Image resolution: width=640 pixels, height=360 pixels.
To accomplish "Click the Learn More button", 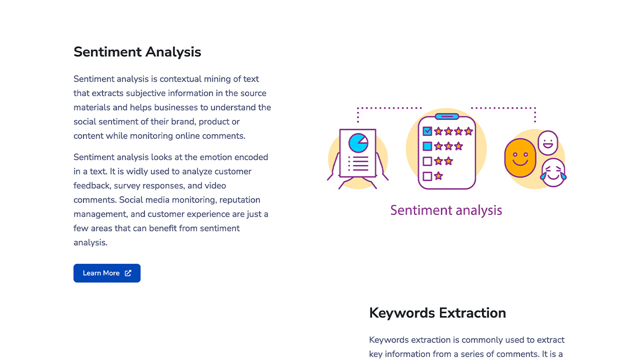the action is point(107,273).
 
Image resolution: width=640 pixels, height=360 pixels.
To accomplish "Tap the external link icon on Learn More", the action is point(128,273).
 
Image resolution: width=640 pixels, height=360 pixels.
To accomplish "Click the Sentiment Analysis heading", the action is point(137,52).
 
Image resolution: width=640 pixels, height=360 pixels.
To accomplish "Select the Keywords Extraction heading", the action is point(437,313).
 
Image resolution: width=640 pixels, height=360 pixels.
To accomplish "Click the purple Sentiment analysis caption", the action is point(446,210).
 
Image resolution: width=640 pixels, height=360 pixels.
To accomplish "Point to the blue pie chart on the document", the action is point(358,143).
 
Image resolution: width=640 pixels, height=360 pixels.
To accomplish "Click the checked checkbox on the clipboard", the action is point(427,131).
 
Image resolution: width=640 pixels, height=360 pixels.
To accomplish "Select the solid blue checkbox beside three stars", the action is point(427,146).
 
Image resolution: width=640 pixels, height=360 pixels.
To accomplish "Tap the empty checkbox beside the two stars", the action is point(427,161).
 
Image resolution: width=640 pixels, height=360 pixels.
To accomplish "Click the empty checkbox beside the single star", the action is point(427,176).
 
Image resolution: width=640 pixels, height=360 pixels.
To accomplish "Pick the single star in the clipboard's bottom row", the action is point(438,175).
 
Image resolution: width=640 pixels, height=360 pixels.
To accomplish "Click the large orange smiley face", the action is point(520,158).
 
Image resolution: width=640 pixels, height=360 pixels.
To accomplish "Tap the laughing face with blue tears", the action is point(553,172).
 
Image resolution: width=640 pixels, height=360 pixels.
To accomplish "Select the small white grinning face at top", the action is point(547,143).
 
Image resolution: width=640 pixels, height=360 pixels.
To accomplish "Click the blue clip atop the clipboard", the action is point(447,116).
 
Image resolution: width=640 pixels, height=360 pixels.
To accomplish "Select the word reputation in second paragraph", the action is point(239,200).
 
